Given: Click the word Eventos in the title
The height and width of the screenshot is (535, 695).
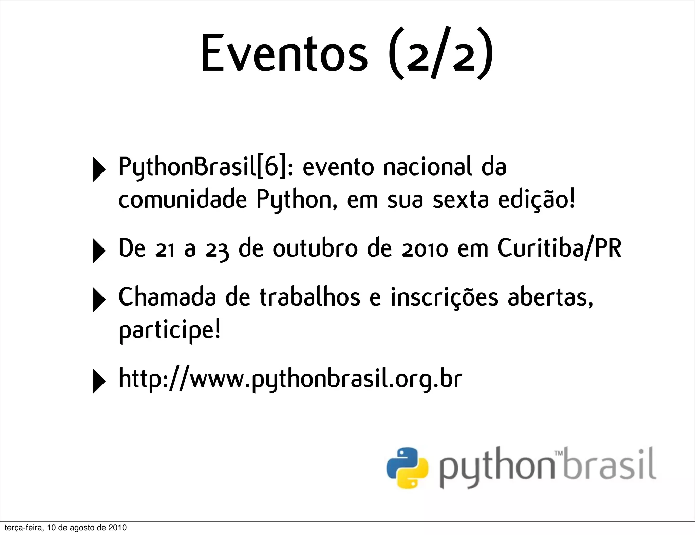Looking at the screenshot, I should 284,53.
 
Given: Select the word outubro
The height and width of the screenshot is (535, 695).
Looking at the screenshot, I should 315,248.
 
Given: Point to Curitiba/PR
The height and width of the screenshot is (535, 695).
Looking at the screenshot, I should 559,248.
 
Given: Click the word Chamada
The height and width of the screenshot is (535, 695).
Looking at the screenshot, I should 167,297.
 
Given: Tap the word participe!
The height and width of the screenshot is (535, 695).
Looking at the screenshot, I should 169,330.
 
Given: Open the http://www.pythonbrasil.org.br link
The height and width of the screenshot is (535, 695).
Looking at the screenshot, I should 290,379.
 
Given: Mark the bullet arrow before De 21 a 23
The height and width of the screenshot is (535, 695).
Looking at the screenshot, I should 98,251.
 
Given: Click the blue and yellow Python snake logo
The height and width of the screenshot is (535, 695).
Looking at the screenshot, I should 407,468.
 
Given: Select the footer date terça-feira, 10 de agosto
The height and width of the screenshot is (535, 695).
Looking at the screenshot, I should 65,528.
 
